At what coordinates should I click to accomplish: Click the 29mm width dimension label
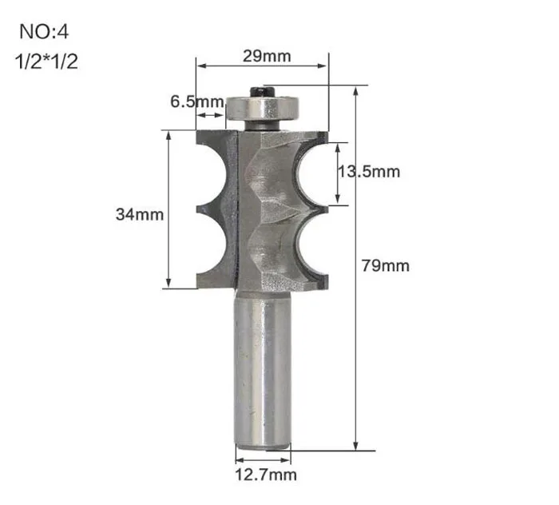tap(267, 57)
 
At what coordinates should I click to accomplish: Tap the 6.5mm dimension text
tap(197, 101)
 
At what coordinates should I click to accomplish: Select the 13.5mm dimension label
tap(369, 172)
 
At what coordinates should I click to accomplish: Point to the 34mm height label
tap(140, 214)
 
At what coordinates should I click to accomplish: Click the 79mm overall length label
tap(386, 266)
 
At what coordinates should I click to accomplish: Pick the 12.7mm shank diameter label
tap(266, 475)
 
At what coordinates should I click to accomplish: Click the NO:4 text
tap(44, 31)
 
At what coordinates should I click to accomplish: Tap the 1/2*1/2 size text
tap(46, 62)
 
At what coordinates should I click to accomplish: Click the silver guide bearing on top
tap(262, 109)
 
